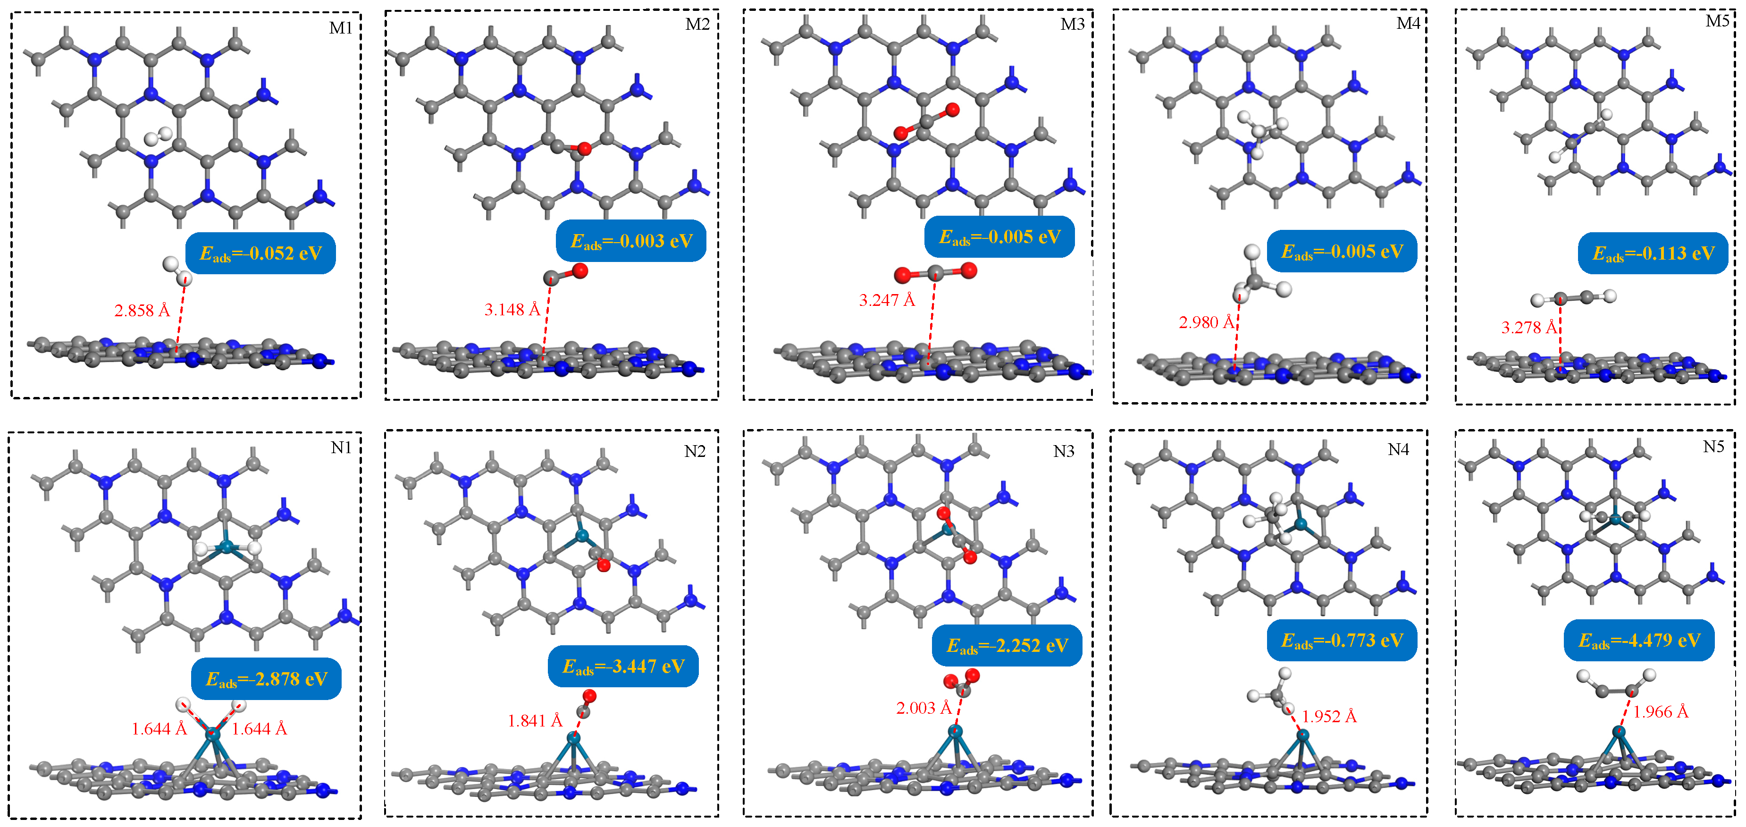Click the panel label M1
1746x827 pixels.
tap(340, 28)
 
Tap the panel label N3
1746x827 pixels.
tap(1064, 451)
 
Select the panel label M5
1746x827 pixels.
tap(1717, 22)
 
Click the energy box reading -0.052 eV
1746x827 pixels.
tap(260, 253)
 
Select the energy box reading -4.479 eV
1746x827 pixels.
tap(1639, 641)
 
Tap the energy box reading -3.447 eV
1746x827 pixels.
tap(623, 667)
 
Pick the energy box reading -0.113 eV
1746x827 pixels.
tap(1653, 253)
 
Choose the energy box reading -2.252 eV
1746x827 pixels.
tap(1007, 645)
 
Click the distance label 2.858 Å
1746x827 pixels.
tap(142, 311)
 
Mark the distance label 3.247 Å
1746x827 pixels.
tap(887, 300)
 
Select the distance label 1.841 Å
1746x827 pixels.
tap(535, 721)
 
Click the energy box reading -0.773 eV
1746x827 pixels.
tap(1342, 641)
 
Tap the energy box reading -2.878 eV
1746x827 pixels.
tap(266, 679)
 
